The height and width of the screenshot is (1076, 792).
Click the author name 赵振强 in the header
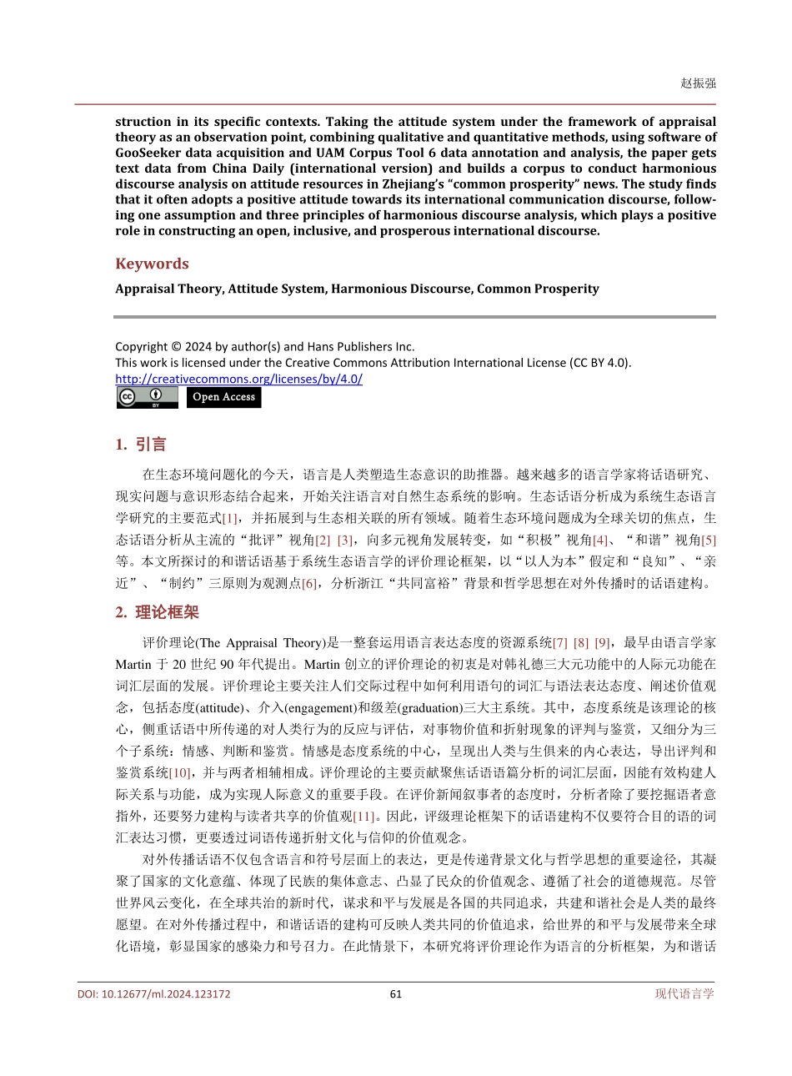698,83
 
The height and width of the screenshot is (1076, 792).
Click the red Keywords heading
152,264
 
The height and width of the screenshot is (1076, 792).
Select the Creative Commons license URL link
238,379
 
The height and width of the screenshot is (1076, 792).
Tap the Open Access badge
223,397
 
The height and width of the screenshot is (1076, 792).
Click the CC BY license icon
147,397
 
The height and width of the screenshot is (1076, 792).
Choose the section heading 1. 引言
141,445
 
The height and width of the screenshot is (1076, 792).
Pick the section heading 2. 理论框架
157,612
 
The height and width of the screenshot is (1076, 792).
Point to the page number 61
396,993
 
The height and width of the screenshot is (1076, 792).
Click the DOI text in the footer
154,993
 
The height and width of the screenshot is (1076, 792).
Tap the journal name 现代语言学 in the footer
684,993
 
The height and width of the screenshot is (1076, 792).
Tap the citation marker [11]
364,816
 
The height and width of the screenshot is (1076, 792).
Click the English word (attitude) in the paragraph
216,707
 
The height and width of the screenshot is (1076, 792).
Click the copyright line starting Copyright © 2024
264,346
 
